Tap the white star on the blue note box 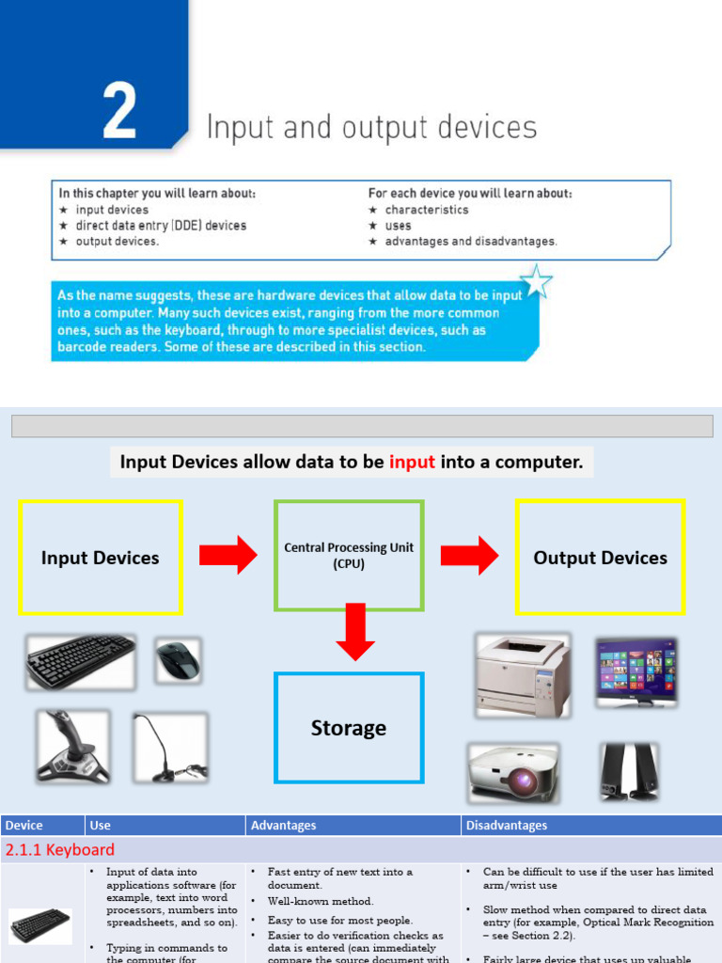537,281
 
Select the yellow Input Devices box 101,558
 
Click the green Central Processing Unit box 349,555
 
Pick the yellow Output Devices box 600,558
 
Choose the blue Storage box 349,728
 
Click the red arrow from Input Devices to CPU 234,555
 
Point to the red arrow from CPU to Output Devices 470,555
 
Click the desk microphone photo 169,748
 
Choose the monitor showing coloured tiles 636,671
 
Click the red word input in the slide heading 412,462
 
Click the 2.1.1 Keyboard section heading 60,850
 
